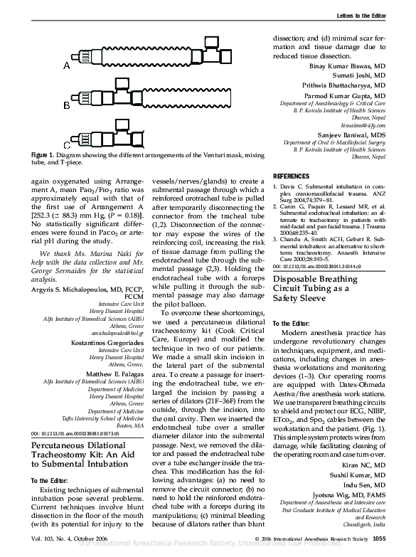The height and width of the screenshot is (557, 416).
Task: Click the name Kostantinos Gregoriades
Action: [104, 342]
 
